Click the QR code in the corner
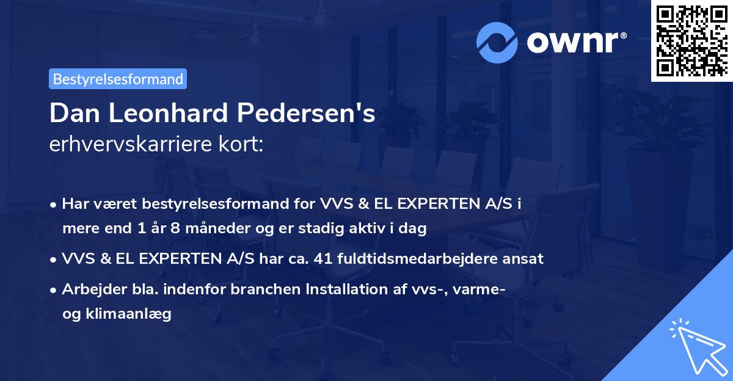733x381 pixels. click(691, 40)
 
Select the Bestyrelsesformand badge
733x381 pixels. click(118, 79)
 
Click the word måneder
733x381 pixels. click(222, 228)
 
